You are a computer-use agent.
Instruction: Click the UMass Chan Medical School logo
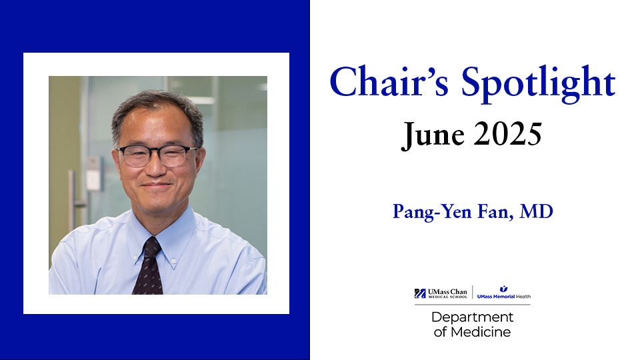point(442,293)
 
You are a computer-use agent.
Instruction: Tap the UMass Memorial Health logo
point(503,293)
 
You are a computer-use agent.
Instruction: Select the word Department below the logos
point(472,317)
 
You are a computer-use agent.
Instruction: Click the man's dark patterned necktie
point(149,267)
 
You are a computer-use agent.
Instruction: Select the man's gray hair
point(157,107)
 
